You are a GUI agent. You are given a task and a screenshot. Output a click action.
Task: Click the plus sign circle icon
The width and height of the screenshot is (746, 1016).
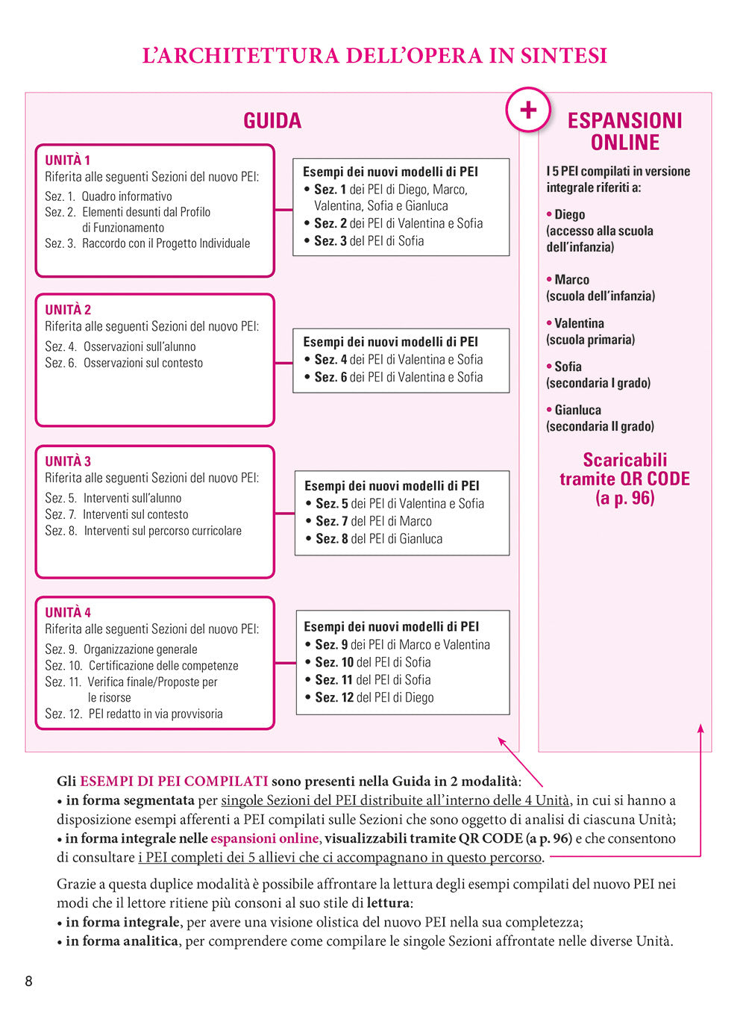point(528,110)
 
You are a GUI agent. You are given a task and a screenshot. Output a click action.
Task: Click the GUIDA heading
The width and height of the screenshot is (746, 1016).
point(272,121)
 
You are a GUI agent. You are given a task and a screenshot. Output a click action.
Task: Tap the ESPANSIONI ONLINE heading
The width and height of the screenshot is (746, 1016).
point(625,131)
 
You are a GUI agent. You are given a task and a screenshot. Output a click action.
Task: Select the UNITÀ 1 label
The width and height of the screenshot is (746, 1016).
point(67,160)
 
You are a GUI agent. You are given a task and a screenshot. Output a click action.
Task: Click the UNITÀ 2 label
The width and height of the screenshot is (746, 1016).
point(68,310)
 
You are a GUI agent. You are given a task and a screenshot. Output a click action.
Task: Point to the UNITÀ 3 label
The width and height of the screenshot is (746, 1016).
point(68,461)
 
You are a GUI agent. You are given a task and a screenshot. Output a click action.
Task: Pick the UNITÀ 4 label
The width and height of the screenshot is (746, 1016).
point(68,612)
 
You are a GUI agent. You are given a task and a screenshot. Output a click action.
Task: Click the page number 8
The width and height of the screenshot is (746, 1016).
point(29,981)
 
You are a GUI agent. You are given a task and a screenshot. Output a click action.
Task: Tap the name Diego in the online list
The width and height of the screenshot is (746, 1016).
point(569,215)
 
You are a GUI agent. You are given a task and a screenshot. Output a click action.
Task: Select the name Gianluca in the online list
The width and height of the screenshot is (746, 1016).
point(577,410)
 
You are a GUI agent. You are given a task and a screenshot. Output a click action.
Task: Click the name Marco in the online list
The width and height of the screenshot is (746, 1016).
point(571,280)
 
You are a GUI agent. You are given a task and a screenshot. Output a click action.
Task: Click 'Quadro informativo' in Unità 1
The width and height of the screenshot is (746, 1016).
point(127,196)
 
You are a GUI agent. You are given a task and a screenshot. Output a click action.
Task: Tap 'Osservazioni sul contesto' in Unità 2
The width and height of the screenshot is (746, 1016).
point(143,363)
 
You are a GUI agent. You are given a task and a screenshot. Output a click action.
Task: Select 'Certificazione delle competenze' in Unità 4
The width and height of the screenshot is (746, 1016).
point(163,666)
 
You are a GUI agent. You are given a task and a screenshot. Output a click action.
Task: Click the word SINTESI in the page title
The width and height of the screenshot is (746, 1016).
point(563,56)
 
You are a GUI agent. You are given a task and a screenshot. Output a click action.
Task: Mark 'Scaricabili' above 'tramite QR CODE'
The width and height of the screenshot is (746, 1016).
point(625,460)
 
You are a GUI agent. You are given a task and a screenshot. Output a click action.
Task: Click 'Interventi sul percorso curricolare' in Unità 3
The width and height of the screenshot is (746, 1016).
point(163,531)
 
